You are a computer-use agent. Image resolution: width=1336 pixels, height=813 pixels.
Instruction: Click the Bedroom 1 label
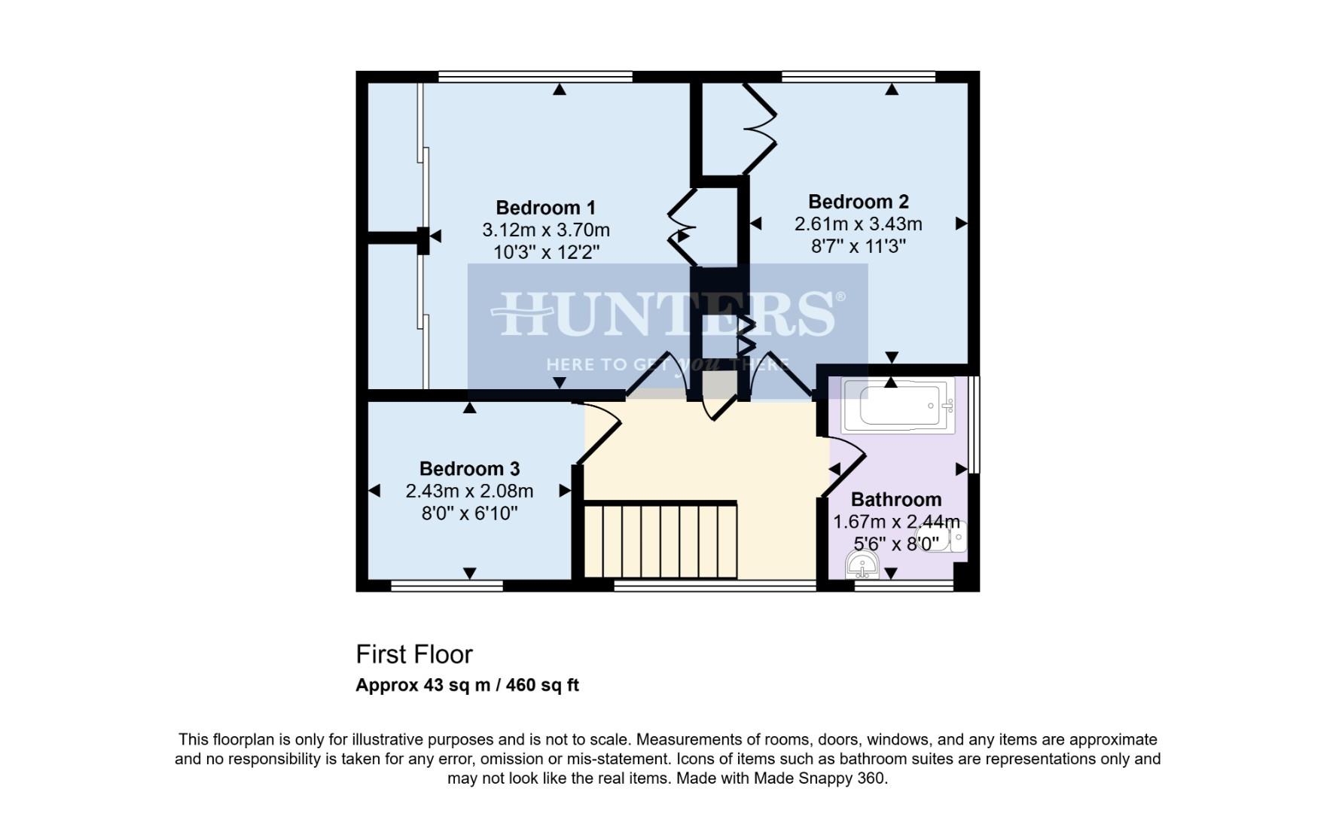coord(545,208)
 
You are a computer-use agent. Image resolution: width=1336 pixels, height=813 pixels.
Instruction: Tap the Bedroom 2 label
coord(858,202)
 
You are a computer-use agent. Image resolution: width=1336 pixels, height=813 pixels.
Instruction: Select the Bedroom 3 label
coord(469,469)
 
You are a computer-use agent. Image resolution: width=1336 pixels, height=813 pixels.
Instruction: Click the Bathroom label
coord(895,500)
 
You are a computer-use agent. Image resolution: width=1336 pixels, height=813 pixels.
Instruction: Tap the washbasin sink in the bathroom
coord(862,565)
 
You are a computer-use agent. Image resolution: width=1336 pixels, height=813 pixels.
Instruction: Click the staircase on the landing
coord(660,540)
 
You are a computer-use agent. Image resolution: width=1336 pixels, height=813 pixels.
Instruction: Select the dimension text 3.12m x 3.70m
coord(545,230)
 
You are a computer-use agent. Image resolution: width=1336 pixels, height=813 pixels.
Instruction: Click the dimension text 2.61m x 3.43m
coord(858,224)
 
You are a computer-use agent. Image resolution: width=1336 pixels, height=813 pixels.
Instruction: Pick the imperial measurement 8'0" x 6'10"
coord(469,514)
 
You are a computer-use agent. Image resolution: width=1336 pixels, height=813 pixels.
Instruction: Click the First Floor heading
coord(413,655)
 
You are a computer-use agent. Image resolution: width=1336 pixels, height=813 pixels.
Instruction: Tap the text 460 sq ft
coord(542,686)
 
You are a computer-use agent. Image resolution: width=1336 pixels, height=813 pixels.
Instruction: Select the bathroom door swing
coord(843,467)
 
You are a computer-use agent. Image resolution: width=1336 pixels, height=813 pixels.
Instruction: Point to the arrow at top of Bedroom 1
coord(559,90)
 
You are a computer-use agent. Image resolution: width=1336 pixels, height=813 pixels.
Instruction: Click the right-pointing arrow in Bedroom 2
coord(961,224)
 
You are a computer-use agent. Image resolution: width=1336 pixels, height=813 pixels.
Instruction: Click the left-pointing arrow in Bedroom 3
coord(374,491)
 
